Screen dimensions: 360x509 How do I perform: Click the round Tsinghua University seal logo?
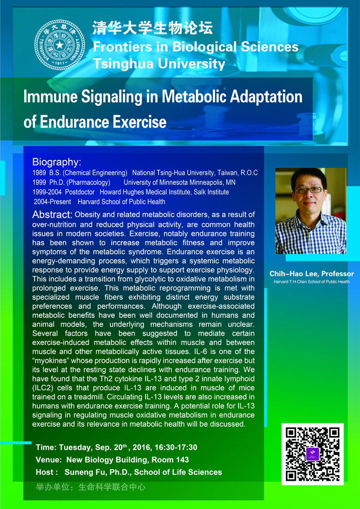click(60, 44)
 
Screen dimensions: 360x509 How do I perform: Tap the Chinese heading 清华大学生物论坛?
click(153, 28)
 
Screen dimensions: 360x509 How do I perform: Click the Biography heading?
click(57, 162)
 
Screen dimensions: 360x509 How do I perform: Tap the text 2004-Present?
click(52, 202)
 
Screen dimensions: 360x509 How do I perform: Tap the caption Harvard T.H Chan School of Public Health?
click(312, 281)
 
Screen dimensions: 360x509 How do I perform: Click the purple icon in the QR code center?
click(313, 453)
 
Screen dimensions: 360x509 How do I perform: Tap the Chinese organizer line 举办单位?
click(91, 487)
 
